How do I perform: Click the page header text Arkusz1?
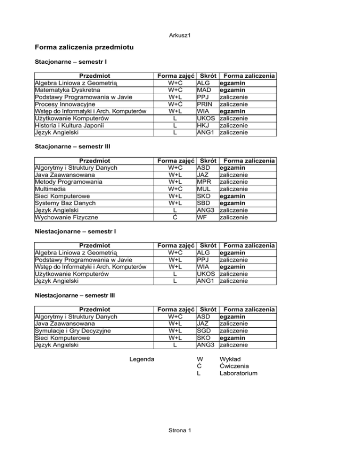(x=180, y=36)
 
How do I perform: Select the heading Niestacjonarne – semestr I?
(x=72, y=232)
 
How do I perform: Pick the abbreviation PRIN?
(x=205, y=104)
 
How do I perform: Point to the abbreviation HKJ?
(x=203, y=125)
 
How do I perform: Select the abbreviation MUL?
(x=204, y=188)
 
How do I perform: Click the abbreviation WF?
(x=202, y=217)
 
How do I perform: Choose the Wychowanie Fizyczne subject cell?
(x=66, y=217)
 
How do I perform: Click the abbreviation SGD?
(x=204, y=330)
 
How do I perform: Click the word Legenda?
(x=143, y=359)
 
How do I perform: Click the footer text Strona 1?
(x=180, y=431)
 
